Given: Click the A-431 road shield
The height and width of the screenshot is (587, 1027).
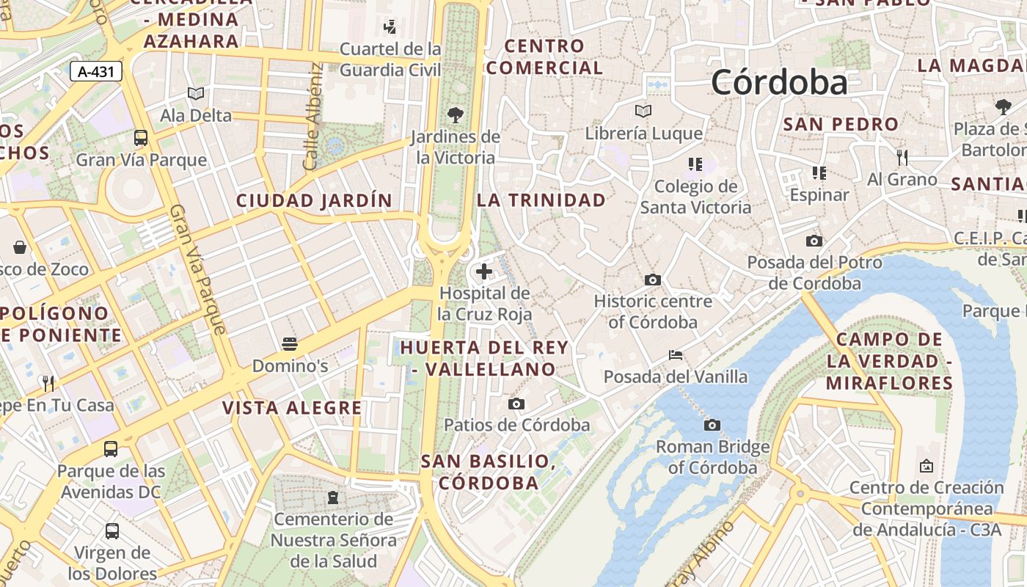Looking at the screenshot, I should coord(95,71).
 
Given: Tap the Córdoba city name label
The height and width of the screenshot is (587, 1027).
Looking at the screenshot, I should coord(779,82).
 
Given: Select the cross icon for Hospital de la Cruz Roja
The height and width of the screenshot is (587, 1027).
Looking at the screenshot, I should coord(484,271).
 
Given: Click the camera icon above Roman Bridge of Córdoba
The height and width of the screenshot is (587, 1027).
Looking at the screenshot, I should coord(712,425).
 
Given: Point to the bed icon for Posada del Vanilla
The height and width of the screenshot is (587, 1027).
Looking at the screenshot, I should coord(676,355).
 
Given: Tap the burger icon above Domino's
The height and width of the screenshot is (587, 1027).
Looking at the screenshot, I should coord(290,343).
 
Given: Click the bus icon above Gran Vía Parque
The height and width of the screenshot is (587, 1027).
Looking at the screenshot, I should coord(140,137).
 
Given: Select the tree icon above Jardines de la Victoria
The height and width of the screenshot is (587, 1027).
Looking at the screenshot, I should coord(456,114).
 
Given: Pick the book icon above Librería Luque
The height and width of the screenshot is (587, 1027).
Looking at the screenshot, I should coord(643,111).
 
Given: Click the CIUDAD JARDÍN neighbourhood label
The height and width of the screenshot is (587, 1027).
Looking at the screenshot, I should coord(314,200).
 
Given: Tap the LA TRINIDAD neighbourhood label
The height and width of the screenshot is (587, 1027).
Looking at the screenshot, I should coord(541,200).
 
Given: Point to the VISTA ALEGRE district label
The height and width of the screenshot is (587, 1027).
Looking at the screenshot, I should coord(292,408).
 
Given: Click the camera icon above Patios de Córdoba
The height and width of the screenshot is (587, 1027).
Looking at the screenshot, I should coord(516,404).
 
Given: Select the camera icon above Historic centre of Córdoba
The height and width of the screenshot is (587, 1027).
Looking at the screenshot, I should coord(652,280).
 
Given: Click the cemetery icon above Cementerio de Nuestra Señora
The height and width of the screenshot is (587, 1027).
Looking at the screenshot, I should coord(333,497).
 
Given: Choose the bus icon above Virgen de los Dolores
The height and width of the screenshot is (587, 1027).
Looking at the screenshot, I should coord(112,531).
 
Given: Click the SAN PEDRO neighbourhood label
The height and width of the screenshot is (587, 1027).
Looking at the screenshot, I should coord(841,124).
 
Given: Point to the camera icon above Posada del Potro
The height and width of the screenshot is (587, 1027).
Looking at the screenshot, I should coord(814,241).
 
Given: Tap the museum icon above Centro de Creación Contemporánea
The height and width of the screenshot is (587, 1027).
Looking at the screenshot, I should coord(926,466).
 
